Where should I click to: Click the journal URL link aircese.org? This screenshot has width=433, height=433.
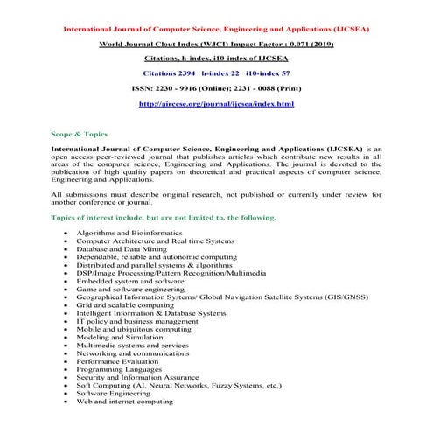click(216, 104)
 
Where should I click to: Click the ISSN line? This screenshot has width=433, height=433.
click(216, 88)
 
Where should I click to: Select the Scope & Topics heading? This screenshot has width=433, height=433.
click(80, 134)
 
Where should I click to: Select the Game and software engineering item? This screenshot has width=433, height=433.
click(130, 289)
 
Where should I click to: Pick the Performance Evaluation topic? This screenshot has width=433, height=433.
click(116, 360)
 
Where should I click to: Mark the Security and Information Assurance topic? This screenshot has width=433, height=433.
click(137, 376)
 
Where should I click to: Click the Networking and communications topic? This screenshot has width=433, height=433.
click(132, 353)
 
